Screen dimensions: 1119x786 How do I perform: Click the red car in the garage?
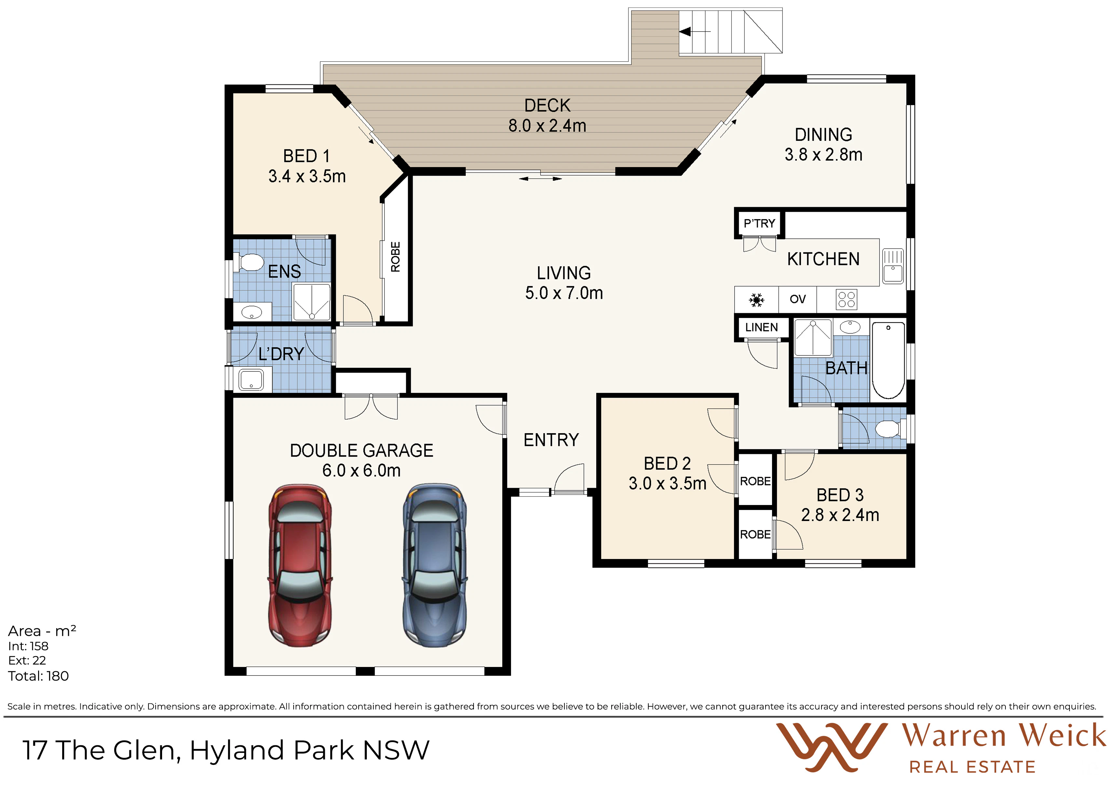point(300,566)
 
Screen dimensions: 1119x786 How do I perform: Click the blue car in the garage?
point(435,566)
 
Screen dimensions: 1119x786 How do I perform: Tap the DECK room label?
point(547,105)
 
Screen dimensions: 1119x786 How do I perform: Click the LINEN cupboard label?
point(761,327)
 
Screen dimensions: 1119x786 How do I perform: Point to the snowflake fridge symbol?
point(756,300)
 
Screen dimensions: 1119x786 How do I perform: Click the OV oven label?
point(797,299)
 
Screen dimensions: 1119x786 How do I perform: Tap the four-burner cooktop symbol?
point(847,300)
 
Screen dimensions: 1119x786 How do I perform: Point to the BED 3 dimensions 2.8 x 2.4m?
point(840,515)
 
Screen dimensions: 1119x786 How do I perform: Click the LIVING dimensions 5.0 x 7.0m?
point(564,293)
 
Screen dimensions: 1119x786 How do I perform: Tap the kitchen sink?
point(893,266)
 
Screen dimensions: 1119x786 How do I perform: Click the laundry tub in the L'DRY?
point(251,380)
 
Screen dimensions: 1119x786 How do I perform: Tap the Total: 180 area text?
point(38,676)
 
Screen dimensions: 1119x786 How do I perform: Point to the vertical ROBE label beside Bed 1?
point(395,257)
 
